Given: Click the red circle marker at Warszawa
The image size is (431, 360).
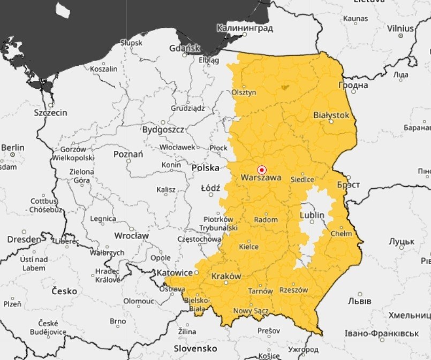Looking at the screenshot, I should [262, 169].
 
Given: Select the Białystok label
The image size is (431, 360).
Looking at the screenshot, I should [331, 115].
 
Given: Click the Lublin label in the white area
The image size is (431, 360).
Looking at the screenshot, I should [313, 215].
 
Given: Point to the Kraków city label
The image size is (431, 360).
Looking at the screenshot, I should [226, 276].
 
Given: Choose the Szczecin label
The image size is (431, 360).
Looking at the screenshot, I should [50, 113].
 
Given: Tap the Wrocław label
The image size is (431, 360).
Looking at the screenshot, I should [131, 235].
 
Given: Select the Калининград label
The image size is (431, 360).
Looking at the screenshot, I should [245, 27].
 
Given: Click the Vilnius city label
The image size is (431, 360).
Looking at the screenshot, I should [400, 27].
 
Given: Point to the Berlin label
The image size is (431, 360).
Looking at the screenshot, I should [13, 147].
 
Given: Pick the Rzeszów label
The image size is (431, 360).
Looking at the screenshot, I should [294, 290].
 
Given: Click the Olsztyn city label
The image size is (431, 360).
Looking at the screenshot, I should [244, 92].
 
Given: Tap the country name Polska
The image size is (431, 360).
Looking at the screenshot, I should [206, 167].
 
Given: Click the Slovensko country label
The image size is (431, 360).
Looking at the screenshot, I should [195, 348].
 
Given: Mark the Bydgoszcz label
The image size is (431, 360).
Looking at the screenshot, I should [163, 129].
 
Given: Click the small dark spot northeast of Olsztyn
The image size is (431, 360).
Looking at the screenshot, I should [283, 86].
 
